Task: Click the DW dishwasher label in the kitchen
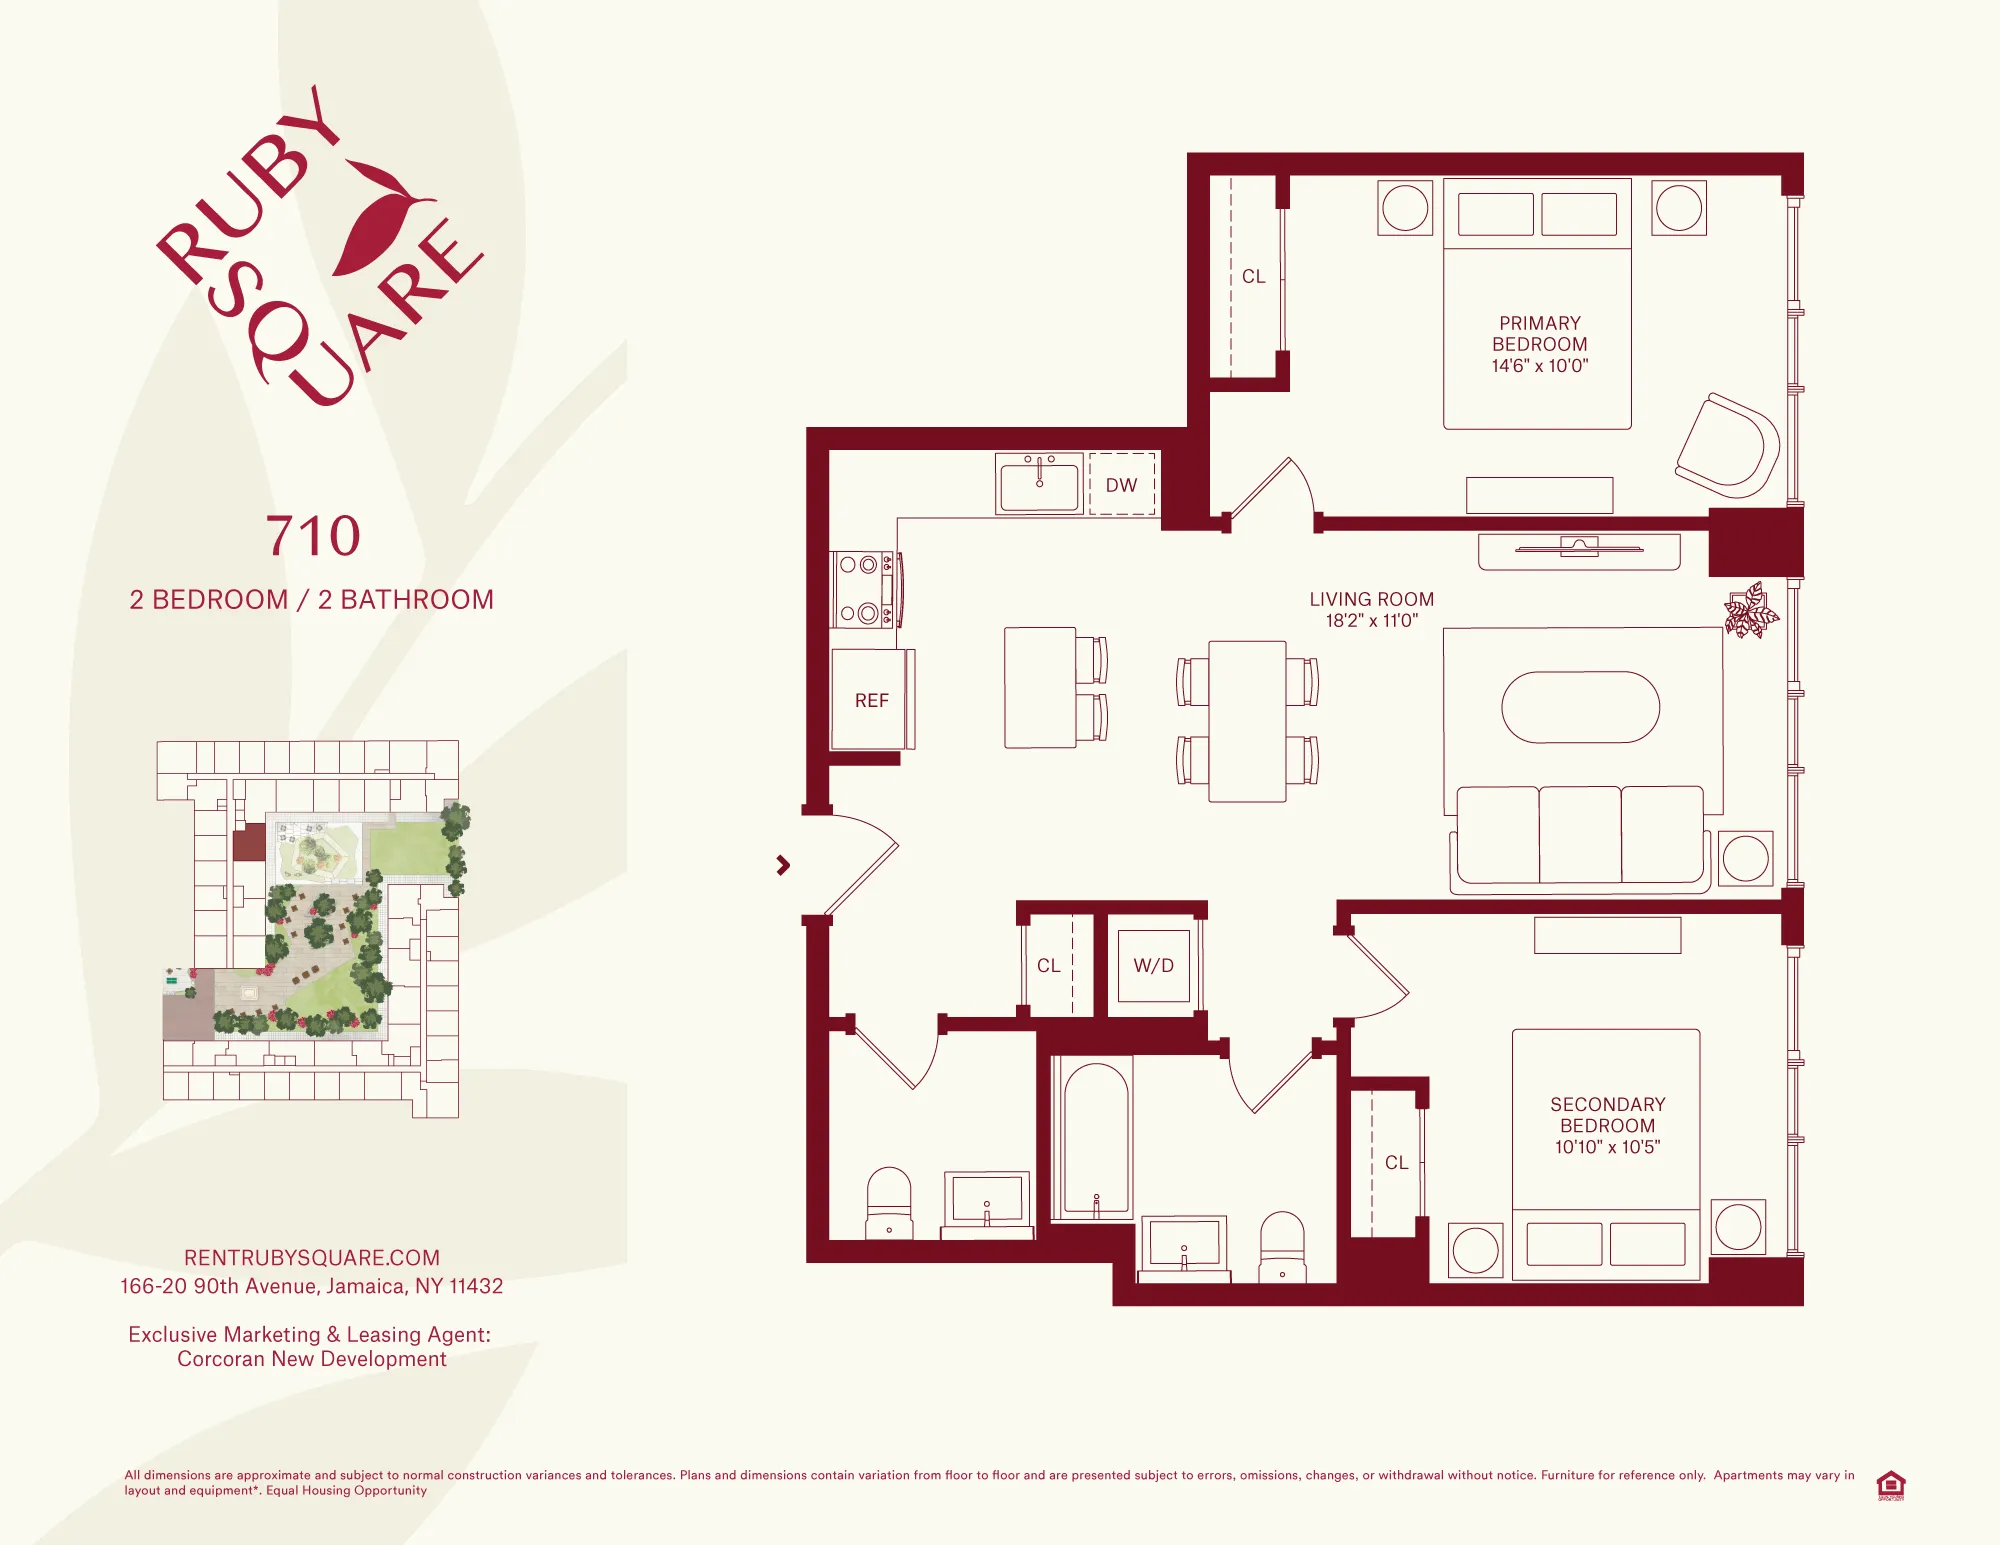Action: [1121, 485]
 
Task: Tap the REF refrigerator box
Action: [871, 700]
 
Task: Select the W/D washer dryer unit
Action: [1153, 965]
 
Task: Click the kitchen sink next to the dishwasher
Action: [1039, 485]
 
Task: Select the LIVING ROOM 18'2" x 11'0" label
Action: [1371, 609]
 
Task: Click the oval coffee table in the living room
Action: [1580, 707]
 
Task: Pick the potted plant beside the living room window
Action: [1750, 611]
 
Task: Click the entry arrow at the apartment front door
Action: [783, 865]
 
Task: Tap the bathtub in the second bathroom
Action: [1096, 1140]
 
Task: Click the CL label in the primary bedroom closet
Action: [1253, 277]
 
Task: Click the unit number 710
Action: [312, 536]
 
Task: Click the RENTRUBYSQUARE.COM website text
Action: [312, 1258]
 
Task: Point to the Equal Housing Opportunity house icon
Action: [1890, 1484]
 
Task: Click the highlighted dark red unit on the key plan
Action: [249, 844]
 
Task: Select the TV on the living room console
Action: [1579, 547]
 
